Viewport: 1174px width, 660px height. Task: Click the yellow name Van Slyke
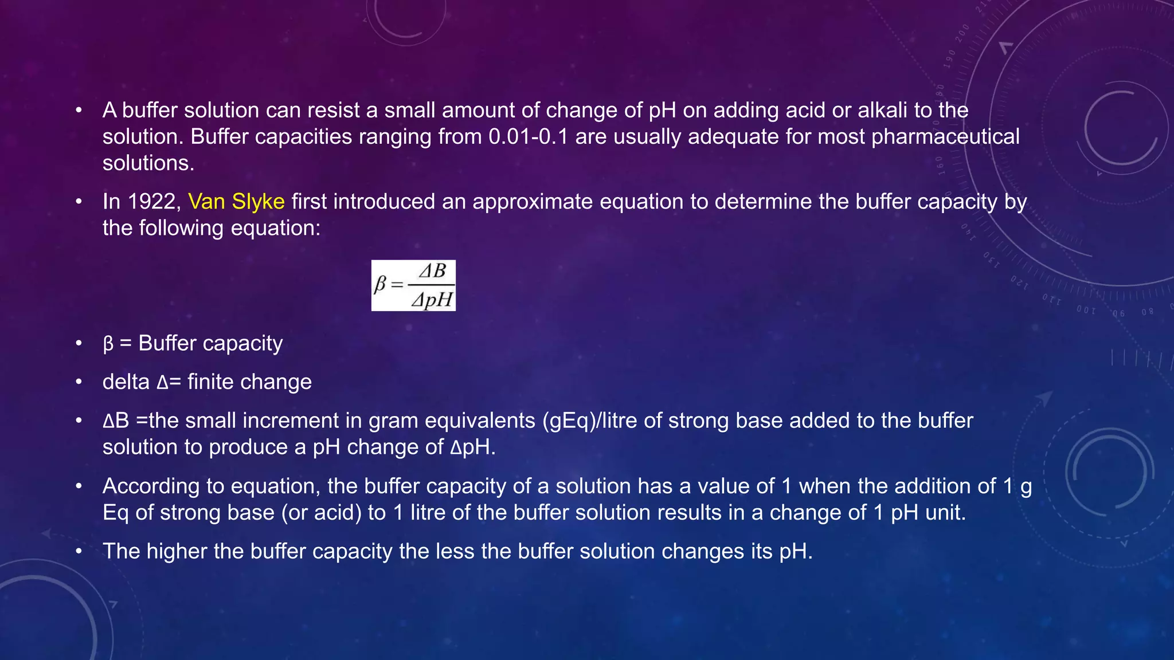point(236,202)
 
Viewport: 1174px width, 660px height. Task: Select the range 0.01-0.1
point(528,137)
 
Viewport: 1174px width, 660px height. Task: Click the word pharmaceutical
point(945,137)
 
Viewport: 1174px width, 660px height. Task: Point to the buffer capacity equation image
point(413,285)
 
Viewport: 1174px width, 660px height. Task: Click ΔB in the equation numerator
point(432,271)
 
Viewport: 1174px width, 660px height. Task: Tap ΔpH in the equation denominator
point(432,299)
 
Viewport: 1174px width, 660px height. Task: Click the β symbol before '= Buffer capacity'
point(108,344)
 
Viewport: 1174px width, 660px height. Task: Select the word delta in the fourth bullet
point(126,382)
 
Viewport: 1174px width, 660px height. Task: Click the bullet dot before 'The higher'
point(79,552)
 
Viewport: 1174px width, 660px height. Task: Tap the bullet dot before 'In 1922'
point(79,202)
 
